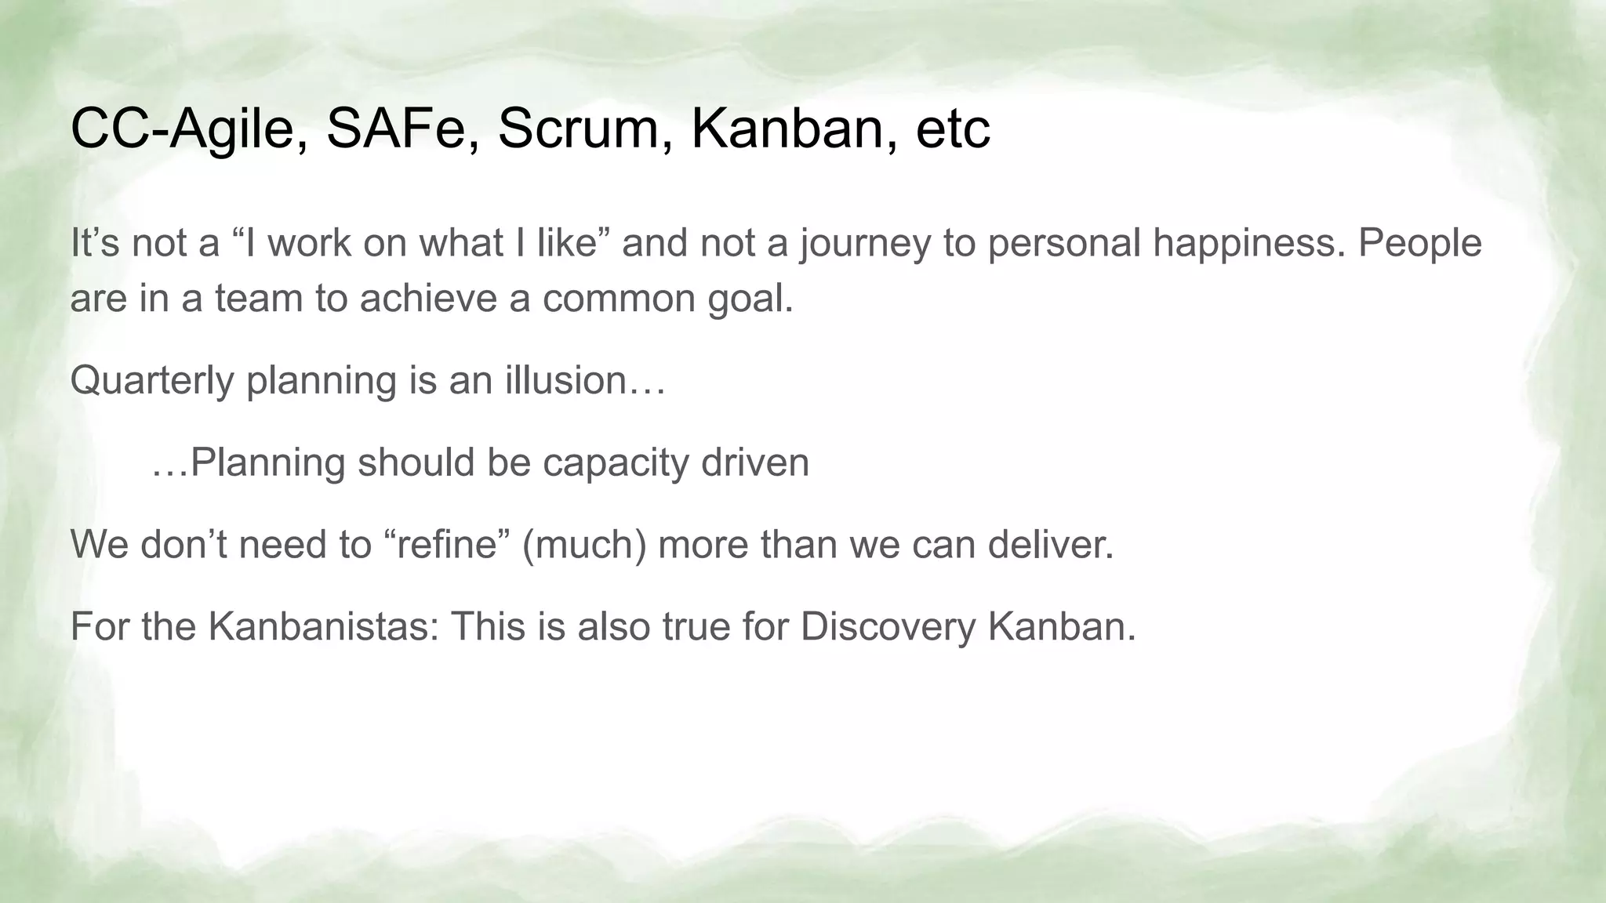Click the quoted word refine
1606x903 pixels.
[448, 544]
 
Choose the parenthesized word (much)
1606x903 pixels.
[584, 545]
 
